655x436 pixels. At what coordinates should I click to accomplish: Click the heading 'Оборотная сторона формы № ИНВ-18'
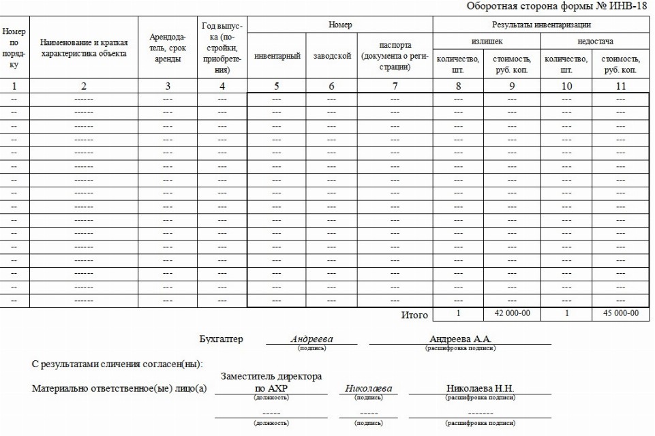(556, 6)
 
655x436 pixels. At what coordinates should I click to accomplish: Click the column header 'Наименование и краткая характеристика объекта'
(84, 48)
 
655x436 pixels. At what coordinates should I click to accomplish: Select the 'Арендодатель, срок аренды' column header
(168, 48)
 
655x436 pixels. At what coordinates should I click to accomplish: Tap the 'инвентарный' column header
(277, 56)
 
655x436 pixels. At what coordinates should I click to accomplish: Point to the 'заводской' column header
(332, 56)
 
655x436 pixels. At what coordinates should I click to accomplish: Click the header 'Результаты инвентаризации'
(541, 25)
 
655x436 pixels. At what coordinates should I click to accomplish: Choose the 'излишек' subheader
(487, 41)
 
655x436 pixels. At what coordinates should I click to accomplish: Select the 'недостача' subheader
(594, 41)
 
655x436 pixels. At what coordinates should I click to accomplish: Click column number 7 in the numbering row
(395, 86)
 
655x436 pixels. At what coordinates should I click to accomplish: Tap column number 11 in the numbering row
(620, 86)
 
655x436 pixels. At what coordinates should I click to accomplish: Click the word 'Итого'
(414, 315)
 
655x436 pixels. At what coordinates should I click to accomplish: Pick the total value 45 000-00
(620, 313)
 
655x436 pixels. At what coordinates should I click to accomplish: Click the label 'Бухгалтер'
(221, 339)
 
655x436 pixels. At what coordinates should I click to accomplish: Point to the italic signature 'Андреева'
(311, 339)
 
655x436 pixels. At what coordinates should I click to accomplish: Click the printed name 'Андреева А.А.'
(460, 339)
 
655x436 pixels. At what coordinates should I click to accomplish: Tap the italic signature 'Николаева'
(368, 388)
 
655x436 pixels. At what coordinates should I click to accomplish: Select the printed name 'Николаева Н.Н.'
(480, 388)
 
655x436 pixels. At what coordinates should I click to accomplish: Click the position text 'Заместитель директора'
(271, 376)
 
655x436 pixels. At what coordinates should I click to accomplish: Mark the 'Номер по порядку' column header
(14, 48)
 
